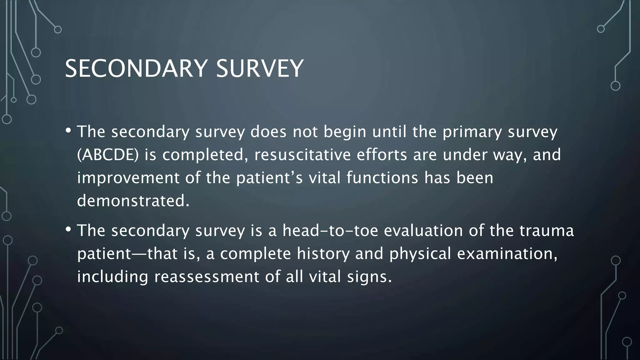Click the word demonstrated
point(133,201)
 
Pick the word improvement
point(128,178)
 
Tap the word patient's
point(269,178)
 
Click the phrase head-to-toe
point(330,231)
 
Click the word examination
point(507,253)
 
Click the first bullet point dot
point(68,130)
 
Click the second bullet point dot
point(68,229)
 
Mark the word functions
point(382,178)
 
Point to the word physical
point(420,253)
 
